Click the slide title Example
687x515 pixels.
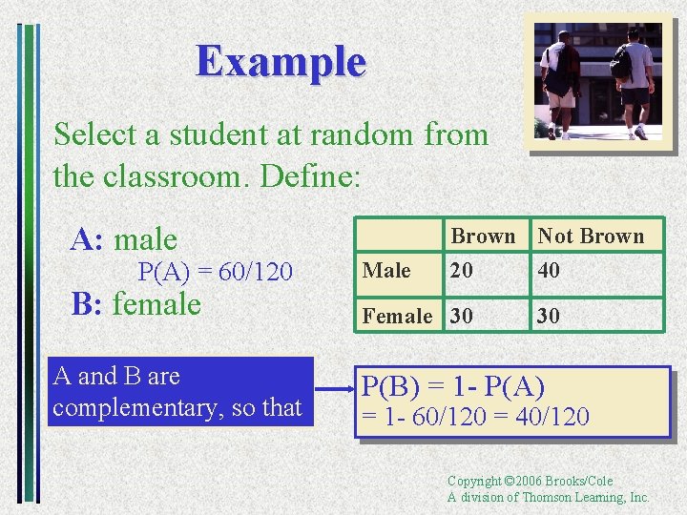click(281, 62)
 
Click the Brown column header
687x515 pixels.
click(483, 236)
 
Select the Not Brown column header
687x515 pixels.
click(591, 236)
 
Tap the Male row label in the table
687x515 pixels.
click(387, 271)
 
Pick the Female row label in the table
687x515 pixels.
click(397, 316)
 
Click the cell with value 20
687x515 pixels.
click(462, 271)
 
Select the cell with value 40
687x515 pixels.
click(549, 271)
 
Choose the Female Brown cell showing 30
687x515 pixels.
click(462, 316)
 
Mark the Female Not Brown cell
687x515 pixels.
click(549, 316)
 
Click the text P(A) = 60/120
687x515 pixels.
click(215, 273)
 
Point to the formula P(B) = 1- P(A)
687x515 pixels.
click(452, 387)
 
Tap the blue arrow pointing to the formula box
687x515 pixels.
click(334, 390)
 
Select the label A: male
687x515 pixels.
click(124, 239)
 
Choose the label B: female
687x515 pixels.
click(136, 305)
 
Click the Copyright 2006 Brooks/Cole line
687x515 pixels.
click(530, 481)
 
